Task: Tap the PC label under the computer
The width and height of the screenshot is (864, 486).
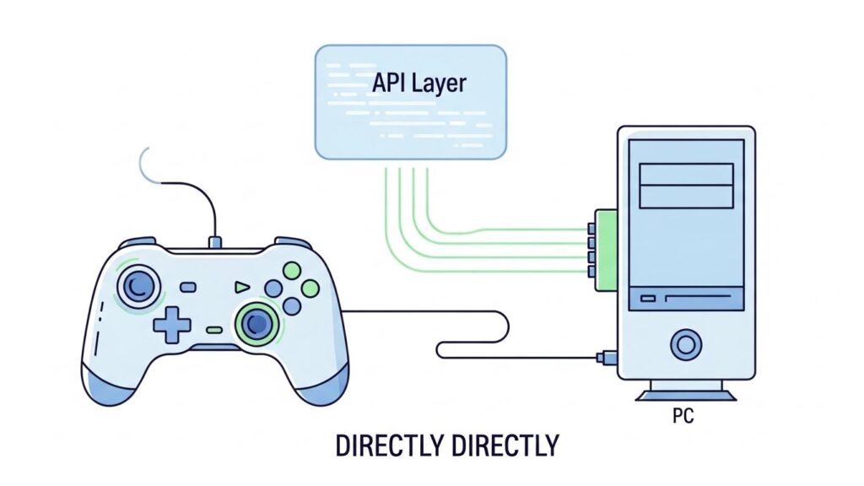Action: point(684,417)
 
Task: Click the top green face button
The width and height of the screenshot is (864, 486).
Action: point(291,272)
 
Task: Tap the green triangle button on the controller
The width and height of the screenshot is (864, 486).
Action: point(241,287)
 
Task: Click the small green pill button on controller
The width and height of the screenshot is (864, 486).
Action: point(214,330)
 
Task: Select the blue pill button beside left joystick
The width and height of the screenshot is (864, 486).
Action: point(187,287)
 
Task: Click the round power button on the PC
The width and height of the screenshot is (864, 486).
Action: point(685,343)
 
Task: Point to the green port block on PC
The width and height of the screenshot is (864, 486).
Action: point(603,251)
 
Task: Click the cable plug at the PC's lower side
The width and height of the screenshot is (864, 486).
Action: point(604,357)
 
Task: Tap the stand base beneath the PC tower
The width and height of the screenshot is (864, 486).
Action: point(685,394)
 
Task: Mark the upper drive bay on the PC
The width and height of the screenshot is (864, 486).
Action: point(685,174)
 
